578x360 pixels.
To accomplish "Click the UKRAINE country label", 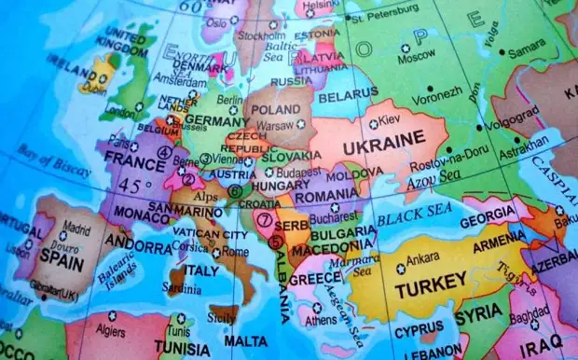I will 385,147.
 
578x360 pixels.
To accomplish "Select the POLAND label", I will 276,109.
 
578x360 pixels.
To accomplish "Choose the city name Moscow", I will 417,58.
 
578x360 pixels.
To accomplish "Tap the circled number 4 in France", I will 166,152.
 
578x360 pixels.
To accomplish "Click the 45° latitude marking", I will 134,186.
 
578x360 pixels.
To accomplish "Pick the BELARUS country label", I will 348,96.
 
